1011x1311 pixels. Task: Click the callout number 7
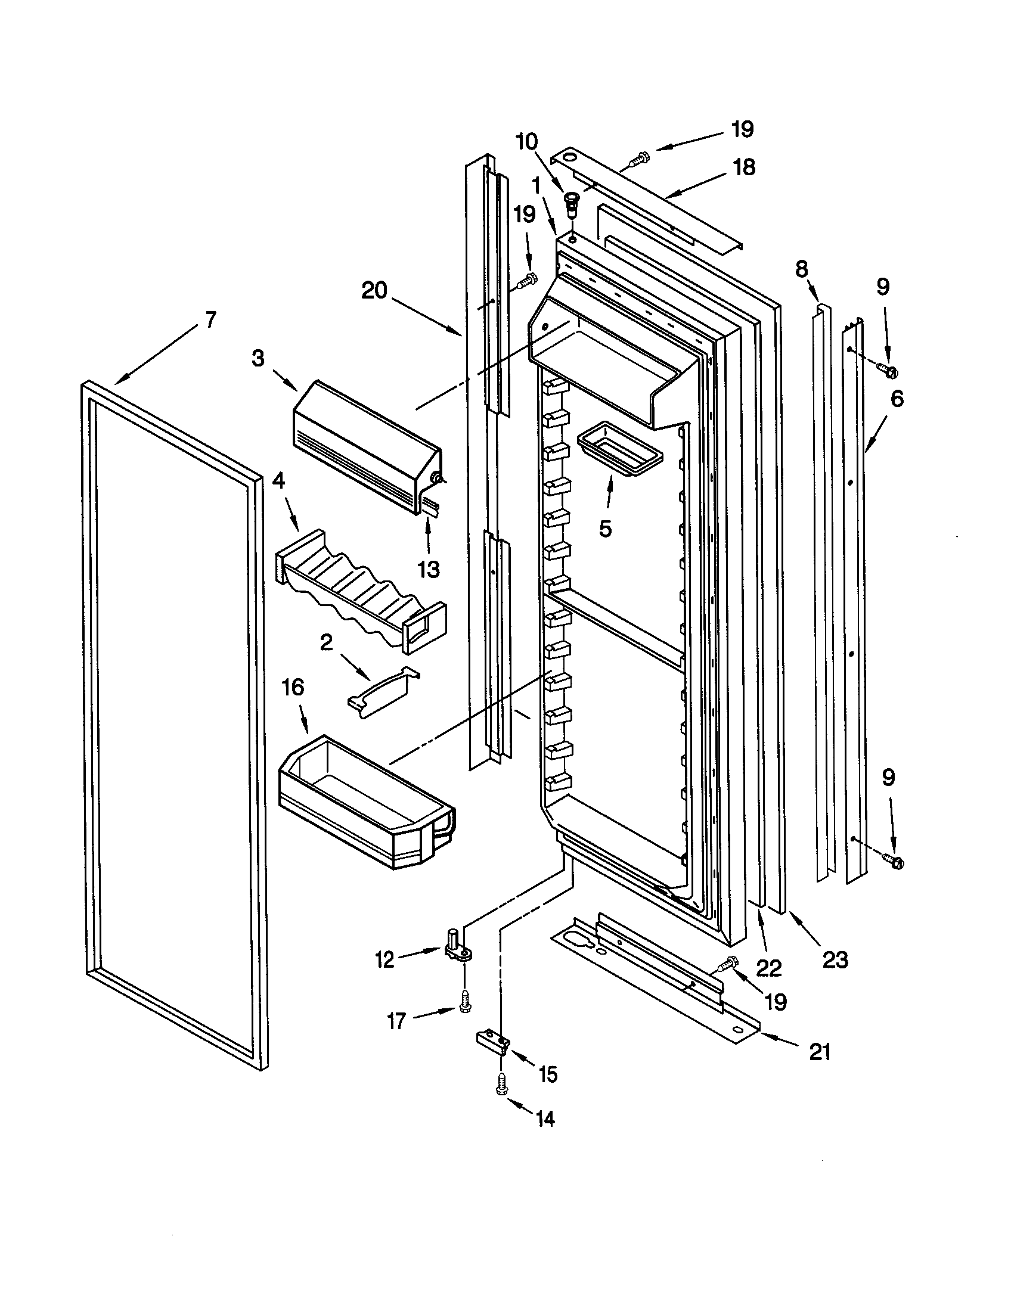point(209,320)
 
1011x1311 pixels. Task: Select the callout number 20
point(375,292)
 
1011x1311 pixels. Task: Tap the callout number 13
point(429,569)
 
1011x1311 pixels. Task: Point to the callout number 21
point(820,1052)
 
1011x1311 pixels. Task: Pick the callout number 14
point(545,1119)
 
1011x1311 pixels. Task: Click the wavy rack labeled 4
point(360,590)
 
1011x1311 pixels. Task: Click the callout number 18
point(744,167)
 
